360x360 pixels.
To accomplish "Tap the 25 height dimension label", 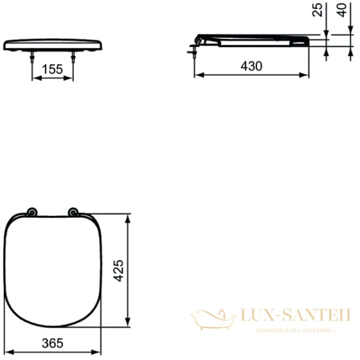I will pos(318,10).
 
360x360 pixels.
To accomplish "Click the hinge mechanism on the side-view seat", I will pos(198,41).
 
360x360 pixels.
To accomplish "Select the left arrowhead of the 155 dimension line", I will pos(34,78).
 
